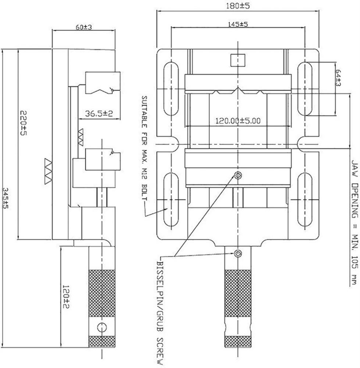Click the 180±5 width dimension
[x=238, y=6]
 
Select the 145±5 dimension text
[x=238, y=24]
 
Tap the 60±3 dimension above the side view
[x=84, y=27]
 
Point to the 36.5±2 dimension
[x=99, y=114]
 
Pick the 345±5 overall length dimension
[x=6, y=198]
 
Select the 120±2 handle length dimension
[x=66, y=297]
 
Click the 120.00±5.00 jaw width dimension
[x=238, y=121]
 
